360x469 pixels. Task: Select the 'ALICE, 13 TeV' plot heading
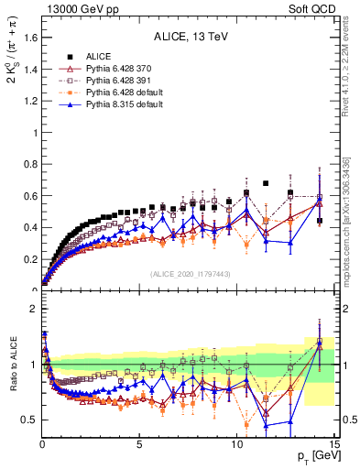191,37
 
